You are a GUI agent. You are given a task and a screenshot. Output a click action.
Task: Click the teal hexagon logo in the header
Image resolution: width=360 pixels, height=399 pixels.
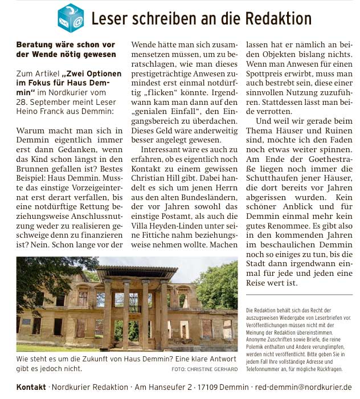click(71, 18)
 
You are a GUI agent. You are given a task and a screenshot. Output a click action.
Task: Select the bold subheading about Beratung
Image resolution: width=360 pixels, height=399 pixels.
click(66, 50)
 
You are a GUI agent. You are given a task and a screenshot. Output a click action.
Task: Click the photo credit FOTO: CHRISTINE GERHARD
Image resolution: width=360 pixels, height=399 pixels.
click(204, 369)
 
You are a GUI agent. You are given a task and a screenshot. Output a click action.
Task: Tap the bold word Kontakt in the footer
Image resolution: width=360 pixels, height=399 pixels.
click(31, 387)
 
